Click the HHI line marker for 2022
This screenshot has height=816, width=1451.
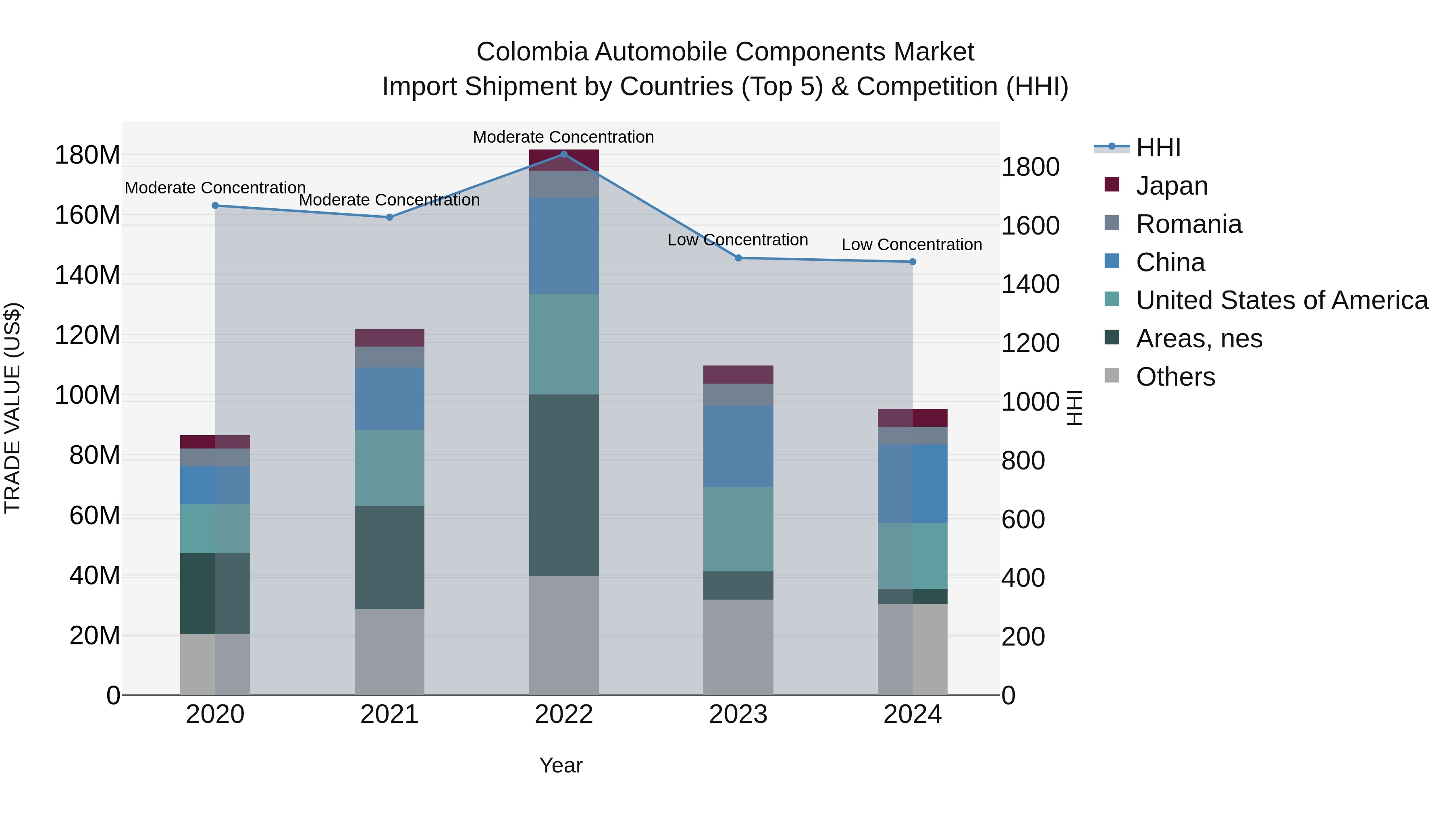click(x=564, y=154)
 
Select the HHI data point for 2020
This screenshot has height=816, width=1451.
click(x=215, y=206)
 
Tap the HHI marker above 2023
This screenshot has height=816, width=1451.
click(x=738, y=258)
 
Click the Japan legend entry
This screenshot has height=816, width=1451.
click(x=1172, y=186)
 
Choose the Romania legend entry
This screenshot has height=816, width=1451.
click(x=1189, y=224)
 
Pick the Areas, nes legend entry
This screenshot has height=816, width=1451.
click(x=1199, y=338)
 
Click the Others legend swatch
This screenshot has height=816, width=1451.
click(x=1112, y=376)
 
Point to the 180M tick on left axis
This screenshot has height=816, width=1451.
click(x=87, y=155)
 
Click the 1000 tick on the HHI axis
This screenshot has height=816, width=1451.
click(x=1030, y=402)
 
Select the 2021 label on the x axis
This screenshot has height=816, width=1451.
click(x=389, y=714)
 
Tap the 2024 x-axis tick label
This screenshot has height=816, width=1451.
click(x=913, y=714)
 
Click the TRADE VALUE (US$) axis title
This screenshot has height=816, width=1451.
click(x=12, y=408)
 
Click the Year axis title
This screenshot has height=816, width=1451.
click(x=561, y=765)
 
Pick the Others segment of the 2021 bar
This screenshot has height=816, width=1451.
click(x=389, y=652)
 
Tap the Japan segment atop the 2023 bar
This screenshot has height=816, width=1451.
click(x=738, y=374)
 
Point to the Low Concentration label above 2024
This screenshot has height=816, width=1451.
click(x=911, y=245)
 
